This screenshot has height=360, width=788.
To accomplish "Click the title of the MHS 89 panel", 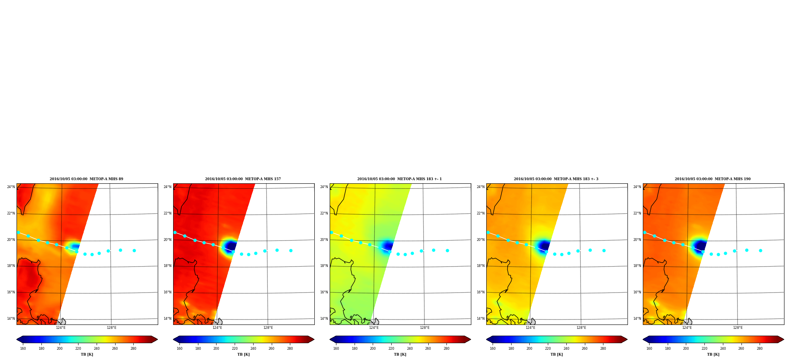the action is (x=86, y=179).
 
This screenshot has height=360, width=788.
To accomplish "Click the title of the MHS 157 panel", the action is (x=243, y=179).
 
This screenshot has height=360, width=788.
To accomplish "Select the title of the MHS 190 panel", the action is (x=713, y=179).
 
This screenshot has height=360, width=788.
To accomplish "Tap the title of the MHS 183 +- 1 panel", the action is (x=400, y=179).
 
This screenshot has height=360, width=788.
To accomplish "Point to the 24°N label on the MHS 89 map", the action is (x=11, y=187).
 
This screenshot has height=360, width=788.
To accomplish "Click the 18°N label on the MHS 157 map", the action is (x=168, y=266).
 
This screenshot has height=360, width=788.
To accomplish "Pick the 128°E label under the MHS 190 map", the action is (x=738, y=328).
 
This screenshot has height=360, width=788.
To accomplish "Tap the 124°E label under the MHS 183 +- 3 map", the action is (x=530, y=328).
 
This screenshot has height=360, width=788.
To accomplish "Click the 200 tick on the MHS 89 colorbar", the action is (x=60, y=349).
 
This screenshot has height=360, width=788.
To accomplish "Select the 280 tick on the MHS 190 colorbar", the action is (x=760, y=349).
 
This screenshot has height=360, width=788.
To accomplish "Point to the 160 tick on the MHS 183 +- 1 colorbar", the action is (x=336, y=349).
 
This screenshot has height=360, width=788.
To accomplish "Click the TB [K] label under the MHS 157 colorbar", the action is (x=244, y=354).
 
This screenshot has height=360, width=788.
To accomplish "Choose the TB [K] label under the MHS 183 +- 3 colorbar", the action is (x=557, y=354).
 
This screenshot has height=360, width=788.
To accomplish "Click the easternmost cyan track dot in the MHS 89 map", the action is (x=134, y=250).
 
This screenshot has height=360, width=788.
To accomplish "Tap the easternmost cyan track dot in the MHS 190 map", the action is (x=760, y=250).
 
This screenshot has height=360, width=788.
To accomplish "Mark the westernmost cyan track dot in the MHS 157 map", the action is (x=175, y=232).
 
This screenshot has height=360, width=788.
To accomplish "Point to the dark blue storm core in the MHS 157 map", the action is (x=231, y=246).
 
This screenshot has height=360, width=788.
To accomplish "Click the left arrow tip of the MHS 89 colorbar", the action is (x=17, y=339).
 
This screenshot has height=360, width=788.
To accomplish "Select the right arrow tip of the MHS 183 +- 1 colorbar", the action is (x=471, y=339).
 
